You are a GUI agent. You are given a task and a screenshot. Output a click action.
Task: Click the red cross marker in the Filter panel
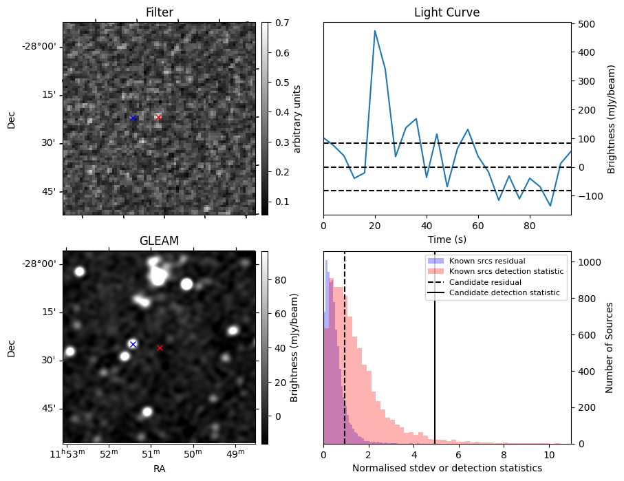pos(158,117)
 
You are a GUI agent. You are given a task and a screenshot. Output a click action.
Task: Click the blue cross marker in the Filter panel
pos(133,118)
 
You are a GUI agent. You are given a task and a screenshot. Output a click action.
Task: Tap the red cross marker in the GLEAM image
pos(160,348)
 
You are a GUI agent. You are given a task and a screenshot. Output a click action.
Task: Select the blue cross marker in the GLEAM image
pos(133,344)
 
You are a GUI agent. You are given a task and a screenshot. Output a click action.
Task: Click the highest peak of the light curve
pos(375,31)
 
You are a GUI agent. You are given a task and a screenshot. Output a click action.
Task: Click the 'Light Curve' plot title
pos(447,12)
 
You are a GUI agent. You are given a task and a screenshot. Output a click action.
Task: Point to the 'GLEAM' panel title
pos(159,241)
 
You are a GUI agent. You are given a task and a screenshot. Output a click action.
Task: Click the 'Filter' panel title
pos(159,12)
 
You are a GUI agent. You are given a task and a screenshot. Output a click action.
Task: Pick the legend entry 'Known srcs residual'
pos(487,261)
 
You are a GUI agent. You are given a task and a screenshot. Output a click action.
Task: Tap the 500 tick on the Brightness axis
pos(585,23)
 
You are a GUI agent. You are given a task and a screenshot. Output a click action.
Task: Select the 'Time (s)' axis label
pos(447,239)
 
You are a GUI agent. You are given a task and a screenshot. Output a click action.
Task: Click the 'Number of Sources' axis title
pos(610,348)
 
